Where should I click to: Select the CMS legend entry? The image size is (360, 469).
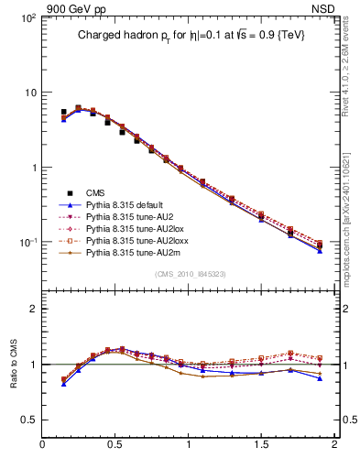96,192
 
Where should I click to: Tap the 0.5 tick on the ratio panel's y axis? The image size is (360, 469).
27,419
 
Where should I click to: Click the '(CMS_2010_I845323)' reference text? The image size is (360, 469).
189,273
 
